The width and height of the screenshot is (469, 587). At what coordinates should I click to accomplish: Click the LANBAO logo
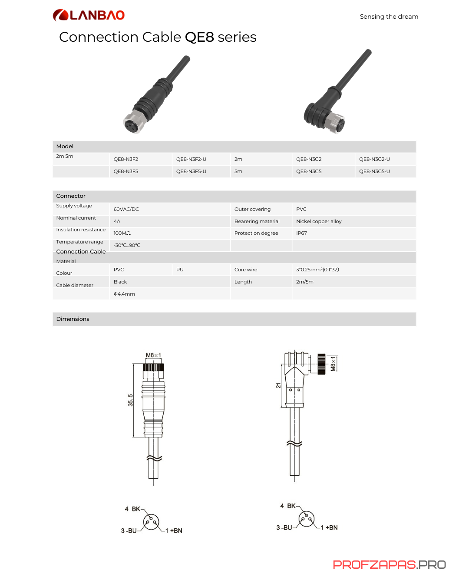[x=89, y=15]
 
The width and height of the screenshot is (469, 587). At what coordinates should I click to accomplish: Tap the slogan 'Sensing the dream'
[x=389, y=17]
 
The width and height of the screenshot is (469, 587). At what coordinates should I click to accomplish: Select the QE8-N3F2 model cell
[x=126, y=159]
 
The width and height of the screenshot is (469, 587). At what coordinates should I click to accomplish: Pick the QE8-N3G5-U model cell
[x=374, y=172]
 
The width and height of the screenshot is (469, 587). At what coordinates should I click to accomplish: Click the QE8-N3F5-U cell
[x=191, y=172]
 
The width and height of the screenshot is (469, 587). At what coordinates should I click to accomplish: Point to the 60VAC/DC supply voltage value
[x=126, y=209]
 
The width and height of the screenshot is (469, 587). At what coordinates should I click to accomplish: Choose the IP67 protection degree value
[x=301, y=233]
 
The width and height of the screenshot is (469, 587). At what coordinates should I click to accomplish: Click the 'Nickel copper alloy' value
[x=319, y=221]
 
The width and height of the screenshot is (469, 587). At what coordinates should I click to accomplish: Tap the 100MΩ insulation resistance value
[x=122, y=233]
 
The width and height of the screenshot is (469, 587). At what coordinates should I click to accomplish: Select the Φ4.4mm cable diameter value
[x=124, y=294]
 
